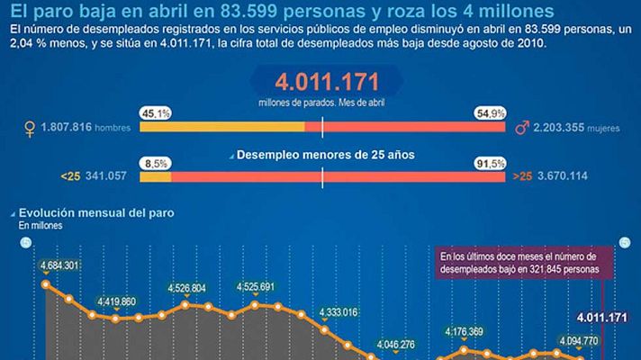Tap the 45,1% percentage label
[x=155, y=113]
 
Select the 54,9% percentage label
[x=489, y=113]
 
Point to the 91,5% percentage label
[x=489, y=162]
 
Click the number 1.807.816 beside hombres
[x=68, y=129]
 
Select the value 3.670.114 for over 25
[x=562, y=175]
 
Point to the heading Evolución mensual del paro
[x=100, y=213]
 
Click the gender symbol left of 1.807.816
[x=32, y=130]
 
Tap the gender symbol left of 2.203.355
[x=520, y=129]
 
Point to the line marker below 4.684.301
[x=46, y=283]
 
